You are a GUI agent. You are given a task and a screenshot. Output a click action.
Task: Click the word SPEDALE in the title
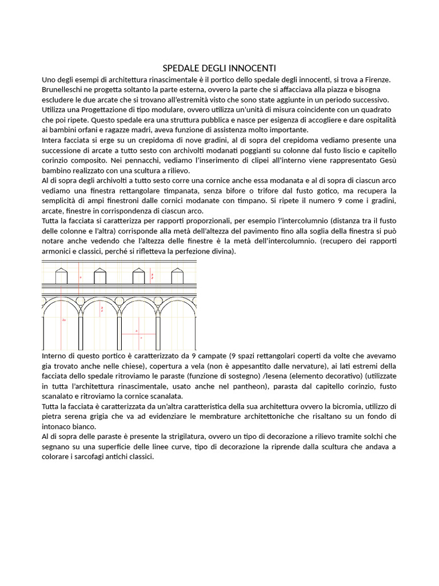179,69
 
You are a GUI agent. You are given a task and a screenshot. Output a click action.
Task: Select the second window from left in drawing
99,276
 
